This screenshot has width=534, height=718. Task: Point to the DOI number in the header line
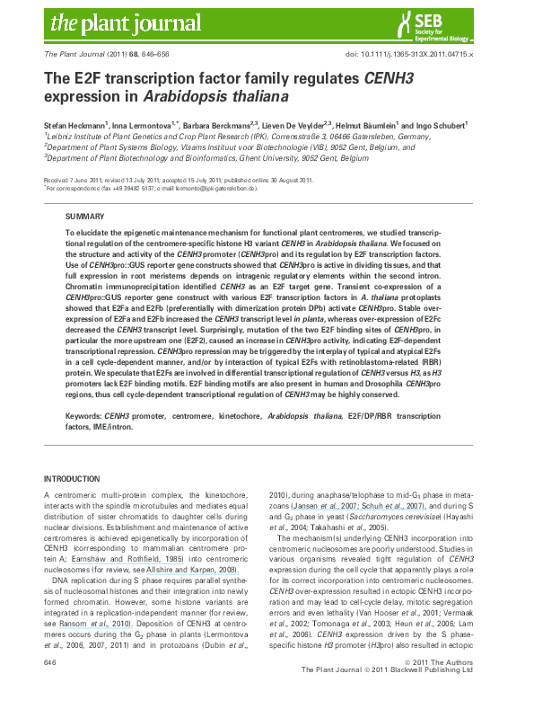421,55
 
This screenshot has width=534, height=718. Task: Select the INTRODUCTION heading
73,477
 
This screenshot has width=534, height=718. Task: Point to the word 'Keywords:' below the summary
83,416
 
